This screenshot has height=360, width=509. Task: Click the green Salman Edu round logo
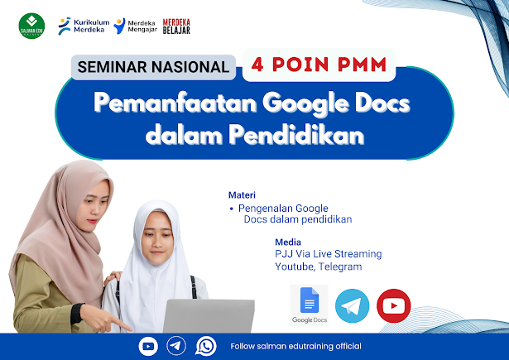pyautogui.click(x=31, y=26)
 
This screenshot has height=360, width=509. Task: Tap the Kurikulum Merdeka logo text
pyautogui.click(x=92, y=26)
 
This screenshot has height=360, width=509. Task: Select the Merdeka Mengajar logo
pyautogui.click(x=136, y=26)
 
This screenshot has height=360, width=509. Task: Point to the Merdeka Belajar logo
pyautogui.click(x=176, y=26)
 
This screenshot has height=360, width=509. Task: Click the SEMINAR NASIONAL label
pyautogui.click(x=153, y=67)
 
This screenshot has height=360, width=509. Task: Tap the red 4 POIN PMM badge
pyautogui.click(x=319, y=65)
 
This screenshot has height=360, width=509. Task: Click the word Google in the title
pyautogui.click(x=305, y=103)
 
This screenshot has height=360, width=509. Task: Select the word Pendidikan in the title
pyautogui.click(x=296, y=134)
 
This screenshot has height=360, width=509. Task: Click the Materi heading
pyautogui.click(x=242, y=194)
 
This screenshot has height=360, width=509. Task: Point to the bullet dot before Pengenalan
pyautogui.click(x=231, y=209)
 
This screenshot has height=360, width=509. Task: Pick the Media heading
pyautogui.click(x=288, y=242)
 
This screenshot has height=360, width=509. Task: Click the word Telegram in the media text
pyautogui.click(x=340, y=266)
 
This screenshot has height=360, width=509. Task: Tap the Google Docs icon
pyautogui.click(x=309, y=305)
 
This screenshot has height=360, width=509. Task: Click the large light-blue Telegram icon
pyautogui.click(x=352, y=305)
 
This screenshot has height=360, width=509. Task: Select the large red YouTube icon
pyautogui.click(x=393, y=305)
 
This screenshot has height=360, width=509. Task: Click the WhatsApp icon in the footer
pyautogui.click(x=206, y=346)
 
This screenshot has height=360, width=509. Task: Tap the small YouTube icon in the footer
pyautogui.click(x=148, y=347)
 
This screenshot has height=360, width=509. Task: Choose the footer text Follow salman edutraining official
pyautogui.click(x=295, y=347)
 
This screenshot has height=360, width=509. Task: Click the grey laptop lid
pyautogui.click(x=209, y=316)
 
